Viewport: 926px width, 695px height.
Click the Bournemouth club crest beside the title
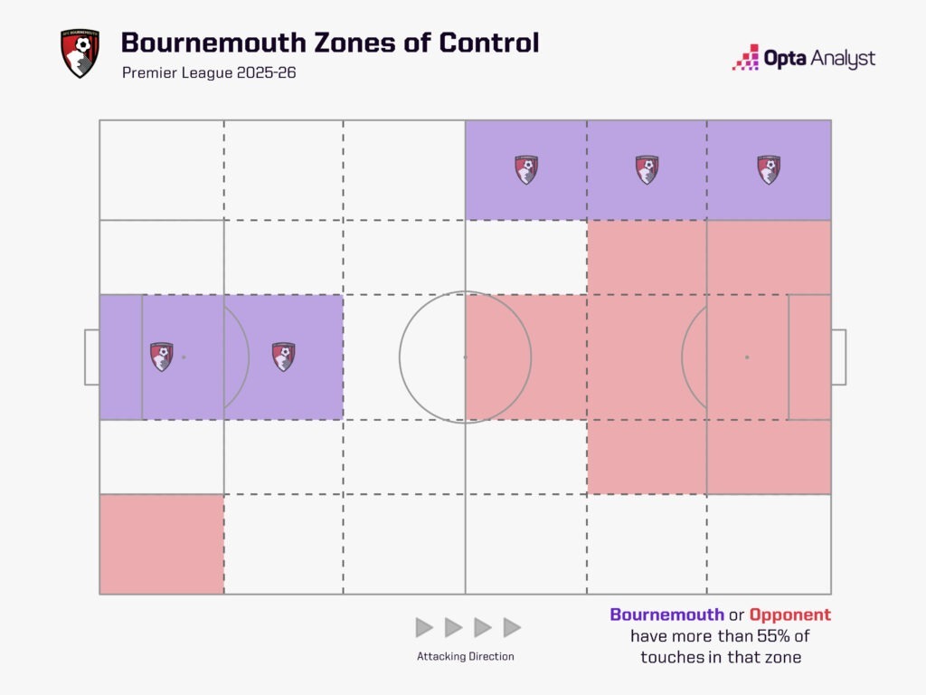pyautogui.click(x=80, y=53)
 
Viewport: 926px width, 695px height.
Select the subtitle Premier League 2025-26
pyautogui.click(x=209, y=72)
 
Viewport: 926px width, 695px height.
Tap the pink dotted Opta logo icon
pyautogui.click(x=745, y=57)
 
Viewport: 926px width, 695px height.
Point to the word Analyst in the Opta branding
pyautogui.click(x=843, y=59)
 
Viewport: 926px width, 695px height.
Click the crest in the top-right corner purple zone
pyautogui.click(x=769, y=169)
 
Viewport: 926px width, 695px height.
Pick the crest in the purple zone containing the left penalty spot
pyautogui.click(x=162, y=357)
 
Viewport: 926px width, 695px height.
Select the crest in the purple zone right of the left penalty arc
pyautogui.click(x=283, y=357)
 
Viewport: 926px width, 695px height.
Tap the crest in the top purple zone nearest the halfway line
pyautogui.click(x=526, y=169)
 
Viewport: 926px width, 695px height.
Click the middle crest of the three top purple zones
pyautogui.click(x=647, y=169)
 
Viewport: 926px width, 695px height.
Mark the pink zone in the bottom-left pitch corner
pyautogui.click(x=162, y=544)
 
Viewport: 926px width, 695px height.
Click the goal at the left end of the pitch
pyautogui.click(x=92, y=357)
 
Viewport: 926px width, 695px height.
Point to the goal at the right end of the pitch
pyautogui.click(x=838, y=357)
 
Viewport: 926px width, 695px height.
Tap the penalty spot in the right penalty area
pyautogui.click(x=747, y=357)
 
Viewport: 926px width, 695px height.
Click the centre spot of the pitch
pyautogui.click(x=466, y=357)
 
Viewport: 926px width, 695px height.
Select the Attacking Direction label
pyautogui.click(x=466, y=656)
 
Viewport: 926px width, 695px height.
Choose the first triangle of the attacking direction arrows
pyautogui.click(x=424, y=628)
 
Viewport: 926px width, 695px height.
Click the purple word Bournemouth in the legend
pyautogui.click(x=666, y=614)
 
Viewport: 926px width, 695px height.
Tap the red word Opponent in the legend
pyautogui.click(x=790, y=614)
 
